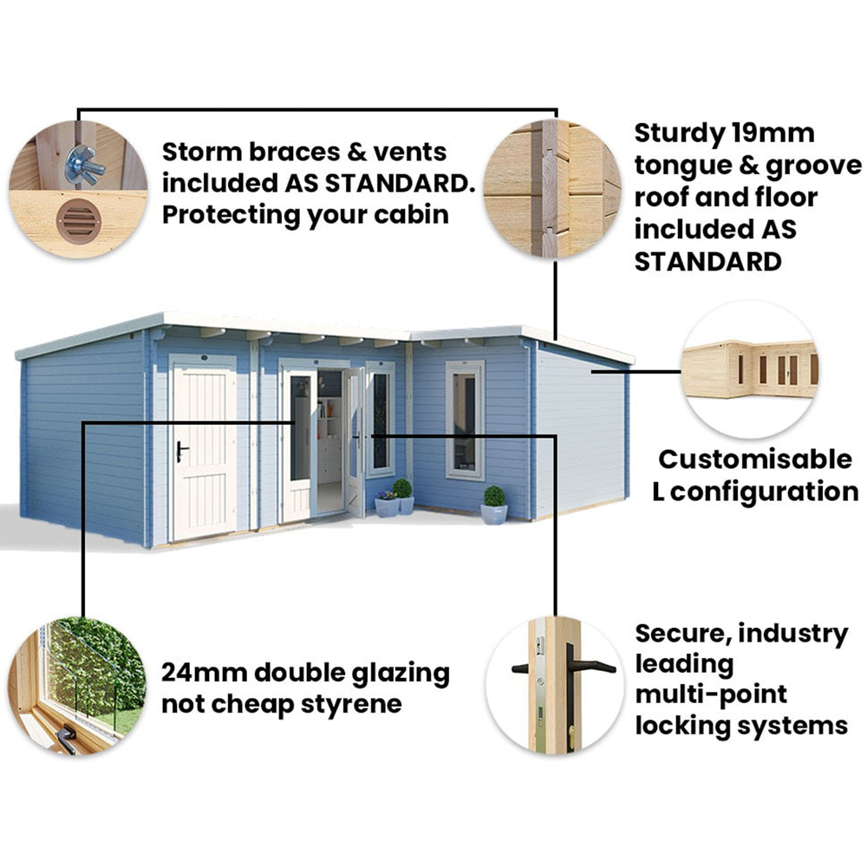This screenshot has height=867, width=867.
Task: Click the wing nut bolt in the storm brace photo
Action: click(84, 165)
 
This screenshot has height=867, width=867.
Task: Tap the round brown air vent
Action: click(79, 221)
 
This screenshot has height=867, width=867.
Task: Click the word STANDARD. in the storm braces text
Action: click(400, 184)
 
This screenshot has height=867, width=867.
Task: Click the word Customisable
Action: click(755, 460)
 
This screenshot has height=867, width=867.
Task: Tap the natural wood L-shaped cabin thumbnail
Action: click(750, 369)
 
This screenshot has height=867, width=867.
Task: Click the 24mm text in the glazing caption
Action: click(204, 673)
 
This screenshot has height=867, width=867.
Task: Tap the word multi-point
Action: click(711, 694)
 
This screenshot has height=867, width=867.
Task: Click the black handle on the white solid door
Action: click(181, 451)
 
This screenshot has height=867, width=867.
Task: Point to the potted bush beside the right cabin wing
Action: click(494, 505)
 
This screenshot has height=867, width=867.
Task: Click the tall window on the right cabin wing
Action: click(465, 420)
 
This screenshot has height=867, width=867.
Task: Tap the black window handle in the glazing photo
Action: click(65, 738)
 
